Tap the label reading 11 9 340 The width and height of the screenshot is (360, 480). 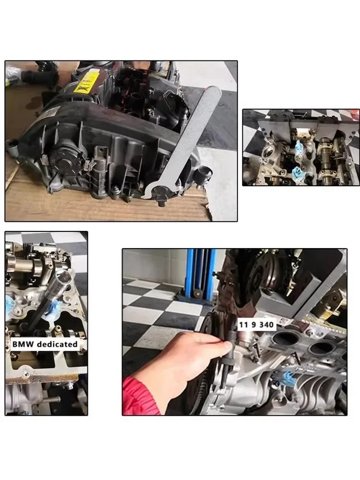coord(257,325)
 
